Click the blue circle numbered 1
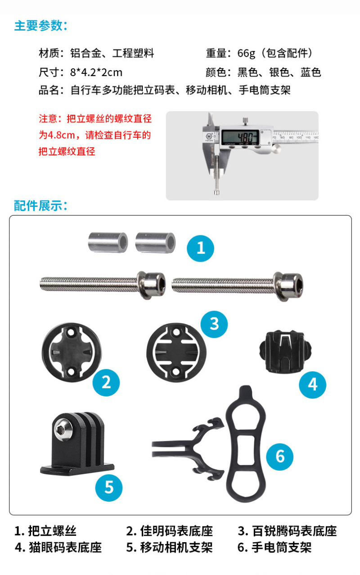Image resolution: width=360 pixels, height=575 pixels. pyautogui.click(x=200, y=248)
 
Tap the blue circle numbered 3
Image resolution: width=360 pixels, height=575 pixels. pyautogui.click(x=214, y=324)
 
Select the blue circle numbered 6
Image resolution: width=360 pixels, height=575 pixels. pyautogui.click(x=279, y=457)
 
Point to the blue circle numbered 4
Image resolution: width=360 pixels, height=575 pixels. pyautogui.click(x=312, y=385)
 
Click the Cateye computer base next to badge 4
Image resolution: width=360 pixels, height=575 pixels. pyautogui.click(x=286, y=352)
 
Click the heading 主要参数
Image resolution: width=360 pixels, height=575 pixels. pyautogui.click(x=40, y=26)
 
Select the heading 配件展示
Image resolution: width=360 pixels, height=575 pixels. pyautogui.click(x=40, y=206)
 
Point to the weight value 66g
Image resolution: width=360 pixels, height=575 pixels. pyautogui.click(x=246, y=54)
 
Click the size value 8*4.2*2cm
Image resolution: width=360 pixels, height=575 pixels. pyautogui.click(x=96, y=72)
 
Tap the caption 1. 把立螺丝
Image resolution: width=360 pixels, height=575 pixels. pyautogui.click(x=45, y=531)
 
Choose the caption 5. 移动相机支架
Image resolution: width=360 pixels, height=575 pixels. pyautogui.click(x=170, y=547)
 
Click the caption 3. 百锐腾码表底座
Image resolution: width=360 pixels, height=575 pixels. pyautogui.click(x=287, y=531)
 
